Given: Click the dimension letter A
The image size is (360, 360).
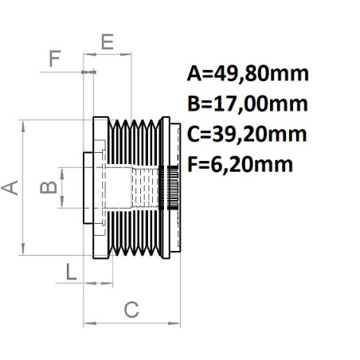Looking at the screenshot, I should pyautogui.click(x=10, y=188).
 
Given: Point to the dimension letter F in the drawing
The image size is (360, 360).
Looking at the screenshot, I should pyautogui.click(x=54, y=59).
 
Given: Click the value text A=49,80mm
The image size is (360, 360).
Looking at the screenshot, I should pyautogui.click(x=247, y=76).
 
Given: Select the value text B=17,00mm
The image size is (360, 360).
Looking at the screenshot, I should pyautogui.click(x=247, y=105).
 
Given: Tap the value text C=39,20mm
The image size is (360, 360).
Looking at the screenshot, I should pyautogui.click(x=247, y=135).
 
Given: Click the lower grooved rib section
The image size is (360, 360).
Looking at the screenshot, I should pyautogui.click(x=135, y=234).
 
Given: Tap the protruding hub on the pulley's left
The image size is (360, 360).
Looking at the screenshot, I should pyautogui.click(x=89, y=188).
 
